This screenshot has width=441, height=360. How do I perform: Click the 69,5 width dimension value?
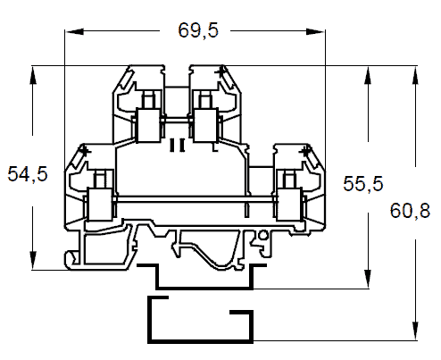[x=198, y=30]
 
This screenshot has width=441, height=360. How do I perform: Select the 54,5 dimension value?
[x=28, y=174]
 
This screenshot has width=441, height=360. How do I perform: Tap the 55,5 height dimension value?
[x=363, y=183]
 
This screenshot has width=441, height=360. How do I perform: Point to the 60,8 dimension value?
[x=410, y=211]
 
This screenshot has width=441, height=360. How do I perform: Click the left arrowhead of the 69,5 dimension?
[x=74, y=31]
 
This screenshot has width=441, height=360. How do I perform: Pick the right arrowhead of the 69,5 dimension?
[x=315, y=31]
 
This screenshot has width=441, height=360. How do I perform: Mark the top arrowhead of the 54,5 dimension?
[x=33, y=76]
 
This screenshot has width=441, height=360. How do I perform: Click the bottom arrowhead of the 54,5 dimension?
[x=33, y=260]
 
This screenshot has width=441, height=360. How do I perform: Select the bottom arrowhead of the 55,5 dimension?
[x=368, y=279]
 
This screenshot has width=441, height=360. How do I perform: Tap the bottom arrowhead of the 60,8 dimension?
[x=416, y=331]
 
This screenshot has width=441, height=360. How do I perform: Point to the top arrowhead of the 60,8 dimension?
[x=416, y=76]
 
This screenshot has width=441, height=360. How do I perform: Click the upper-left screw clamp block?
[x=148, y=125]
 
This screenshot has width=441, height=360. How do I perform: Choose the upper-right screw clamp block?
[x=205, y=125]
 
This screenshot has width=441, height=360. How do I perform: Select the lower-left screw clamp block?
[x=99, y=204]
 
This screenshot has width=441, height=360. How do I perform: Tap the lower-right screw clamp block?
[x=289, y=204]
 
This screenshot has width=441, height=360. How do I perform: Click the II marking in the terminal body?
[x=177, y=145]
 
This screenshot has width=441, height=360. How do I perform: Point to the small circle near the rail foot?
[x=263, y=236]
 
